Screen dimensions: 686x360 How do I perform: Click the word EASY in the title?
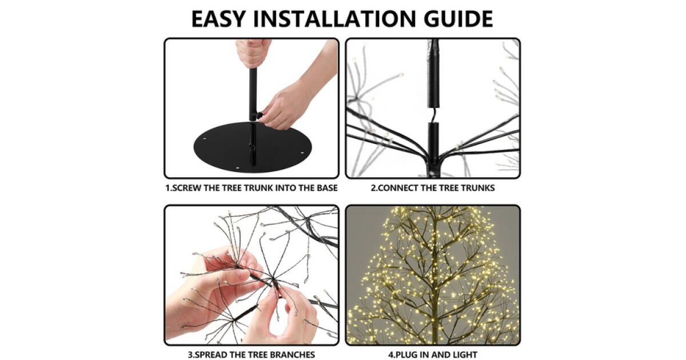pyautogui.click(x=218, y=19)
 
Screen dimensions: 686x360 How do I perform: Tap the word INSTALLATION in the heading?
pyautogui.click(x=335, y=19)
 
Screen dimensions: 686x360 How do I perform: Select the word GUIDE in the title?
pyautogui.click(x=458, y=19)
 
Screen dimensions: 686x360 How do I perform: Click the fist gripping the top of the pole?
pyautogui.click(x=252, y=54)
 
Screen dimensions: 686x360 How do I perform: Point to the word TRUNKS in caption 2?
pyautogui.click(x=478, y=187)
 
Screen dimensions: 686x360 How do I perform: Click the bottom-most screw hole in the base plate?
pyautogui.click(x=238, y=168)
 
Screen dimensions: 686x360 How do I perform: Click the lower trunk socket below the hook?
pyautogui.click(x=433, y=140)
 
